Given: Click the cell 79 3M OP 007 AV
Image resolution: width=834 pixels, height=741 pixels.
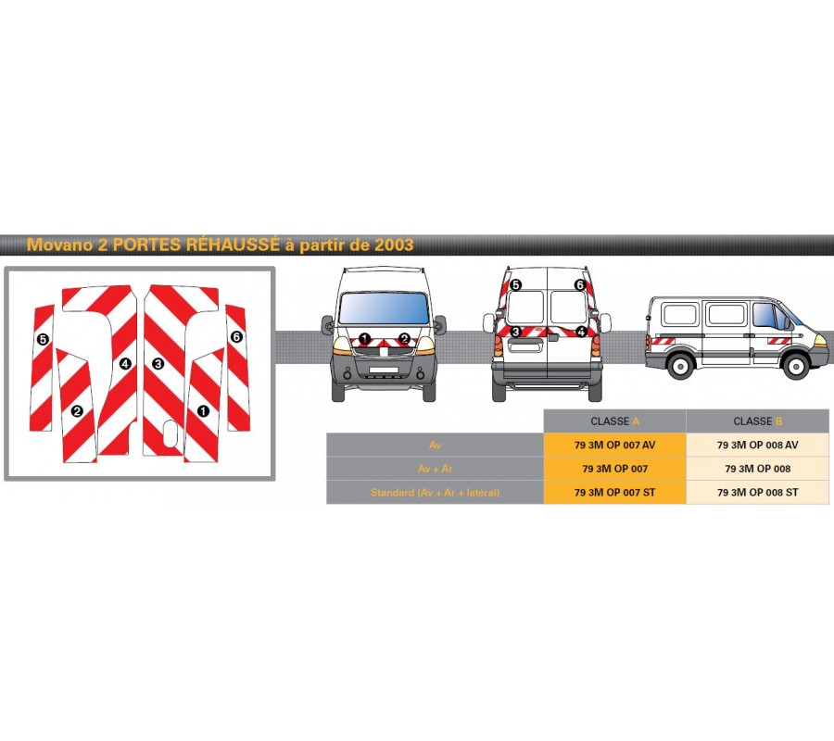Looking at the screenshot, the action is [x=615, y=445].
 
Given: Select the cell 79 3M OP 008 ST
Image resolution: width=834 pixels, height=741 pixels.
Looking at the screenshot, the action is [x=757, y=492].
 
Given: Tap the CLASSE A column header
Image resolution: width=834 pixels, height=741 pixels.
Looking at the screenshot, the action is [x=615, y=421].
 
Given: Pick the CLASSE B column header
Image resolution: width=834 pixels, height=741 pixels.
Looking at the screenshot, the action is [x=757, y=421].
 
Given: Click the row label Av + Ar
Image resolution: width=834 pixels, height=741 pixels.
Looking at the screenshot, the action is [x=436, y=469].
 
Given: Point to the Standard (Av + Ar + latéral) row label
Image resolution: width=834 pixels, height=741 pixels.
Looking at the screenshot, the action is [x=436, y=492].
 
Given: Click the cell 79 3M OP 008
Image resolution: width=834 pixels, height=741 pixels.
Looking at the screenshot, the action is [x=757, y=469].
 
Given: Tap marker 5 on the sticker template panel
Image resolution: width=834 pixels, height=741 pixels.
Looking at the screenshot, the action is [x=43, y=339].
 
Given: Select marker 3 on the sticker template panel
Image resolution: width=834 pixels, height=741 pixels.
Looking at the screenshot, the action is [x=158, y=364].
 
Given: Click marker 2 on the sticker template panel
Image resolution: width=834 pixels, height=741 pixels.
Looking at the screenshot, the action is [x=77, y=411].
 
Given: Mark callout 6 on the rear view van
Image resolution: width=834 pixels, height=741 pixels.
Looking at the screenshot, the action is [x=580, y=285].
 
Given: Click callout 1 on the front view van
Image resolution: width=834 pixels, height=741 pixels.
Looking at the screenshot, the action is [x=364, y=338].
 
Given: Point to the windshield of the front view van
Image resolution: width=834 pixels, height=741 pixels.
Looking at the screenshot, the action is [x=384, y=308].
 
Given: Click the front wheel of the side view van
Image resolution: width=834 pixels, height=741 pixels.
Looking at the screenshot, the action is [x=796, y=366].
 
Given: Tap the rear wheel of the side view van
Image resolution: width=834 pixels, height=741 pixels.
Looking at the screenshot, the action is [x=680, y=366].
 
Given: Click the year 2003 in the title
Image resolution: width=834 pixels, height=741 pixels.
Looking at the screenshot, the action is [x=394, y=245].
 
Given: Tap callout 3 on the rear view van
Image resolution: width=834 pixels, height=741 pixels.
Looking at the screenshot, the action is [x=515, y=332].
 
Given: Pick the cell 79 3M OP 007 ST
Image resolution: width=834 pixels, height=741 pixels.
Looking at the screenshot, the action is [x=615, y=492].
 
